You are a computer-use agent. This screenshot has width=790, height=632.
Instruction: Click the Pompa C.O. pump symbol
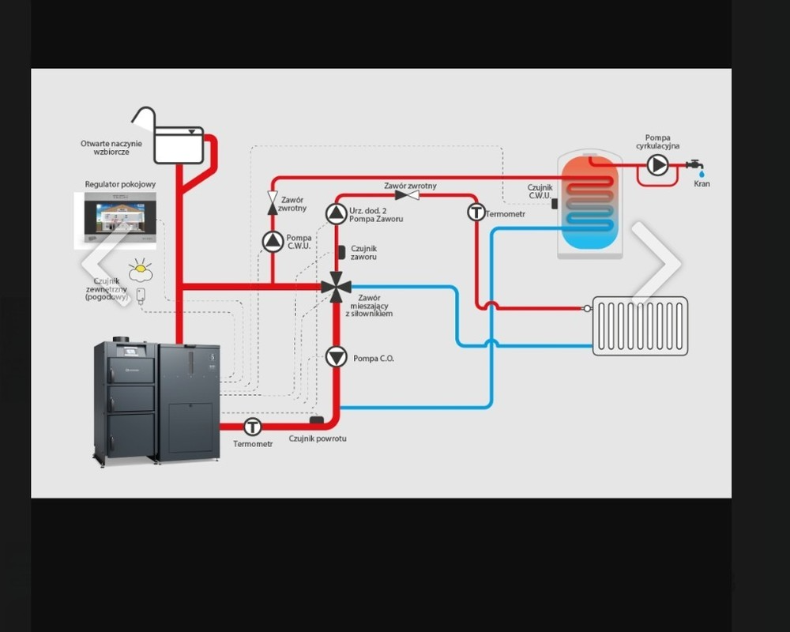point(337,357)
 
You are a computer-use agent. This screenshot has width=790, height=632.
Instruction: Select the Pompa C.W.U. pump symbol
point(273,242)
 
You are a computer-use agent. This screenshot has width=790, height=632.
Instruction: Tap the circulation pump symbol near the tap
point(657,164)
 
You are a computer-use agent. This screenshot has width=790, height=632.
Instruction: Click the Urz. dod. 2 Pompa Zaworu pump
point(337,213)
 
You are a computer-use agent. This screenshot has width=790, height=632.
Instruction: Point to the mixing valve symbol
point(337,288)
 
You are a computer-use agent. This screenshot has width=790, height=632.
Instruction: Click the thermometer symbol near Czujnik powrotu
point(252,427)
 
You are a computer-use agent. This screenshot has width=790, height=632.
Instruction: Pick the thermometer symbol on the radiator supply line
point(476,212)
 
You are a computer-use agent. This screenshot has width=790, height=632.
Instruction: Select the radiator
point(640,325)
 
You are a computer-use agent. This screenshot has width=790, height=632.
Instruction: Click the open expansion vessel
point(179,144)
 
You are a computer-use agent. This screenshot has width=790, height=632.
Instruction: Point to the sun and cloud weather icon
point(141,270)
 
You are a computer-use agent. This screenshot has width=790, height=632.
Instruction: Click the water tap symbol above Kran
point(695,165)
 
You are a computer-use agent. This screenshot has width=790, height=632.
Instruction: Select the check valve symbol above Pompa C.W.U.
point(273,202)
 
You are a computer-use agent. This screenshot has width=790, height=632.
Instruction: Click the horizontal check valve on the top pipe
point(408,195)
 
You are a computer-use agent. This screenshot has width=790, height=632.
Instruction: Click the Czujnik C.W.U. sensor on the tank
point(555,203)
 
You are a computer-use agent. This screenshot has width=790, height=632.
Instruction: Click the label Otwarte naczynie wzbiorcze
point(111,147)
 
